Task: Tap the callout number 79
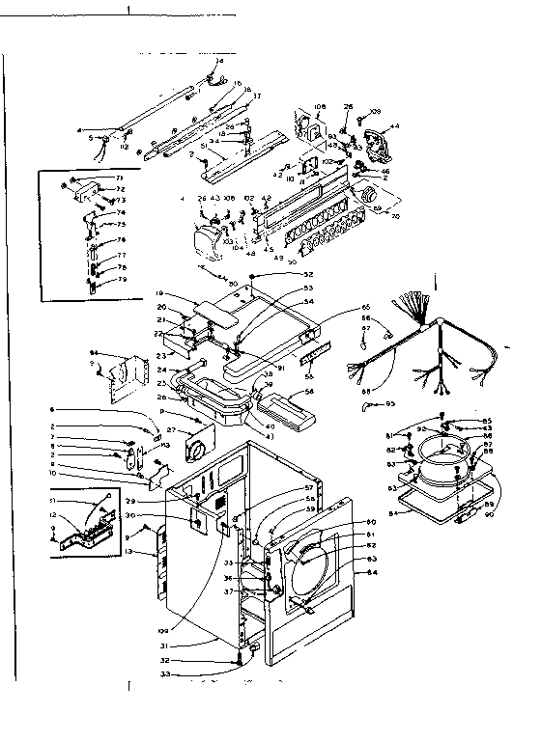[122, 280]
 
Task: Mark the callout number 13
[129, 551]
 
